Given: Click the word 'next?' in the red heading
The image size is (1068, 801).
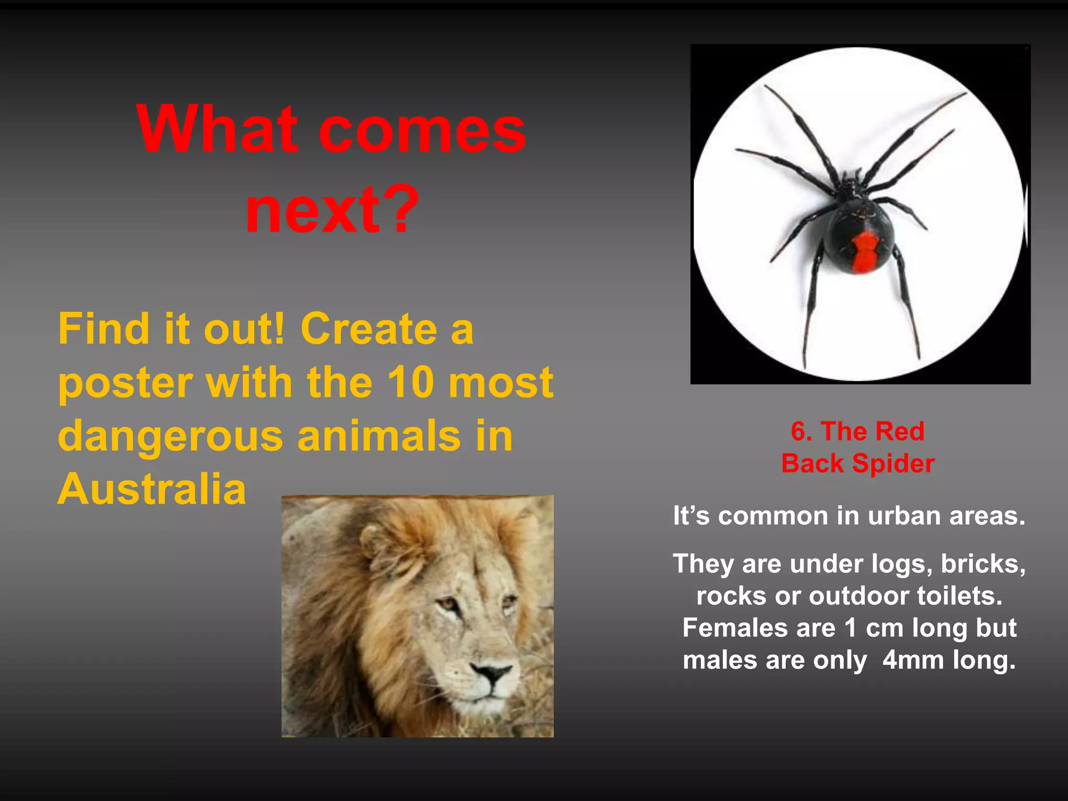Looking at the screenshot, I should pyautogui.click(x=332, y=210).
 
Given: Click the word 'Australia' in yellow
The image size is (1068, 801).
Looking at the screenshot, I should pyautogui.click(x=151, y=489).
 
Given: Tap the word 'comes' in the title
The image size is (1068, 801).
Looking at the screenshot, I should pyautogui.click(x=421, y=130).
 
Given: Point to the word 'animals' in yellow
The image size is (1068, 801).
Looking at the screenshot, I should pyautogui.click(x=379, y=436).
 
